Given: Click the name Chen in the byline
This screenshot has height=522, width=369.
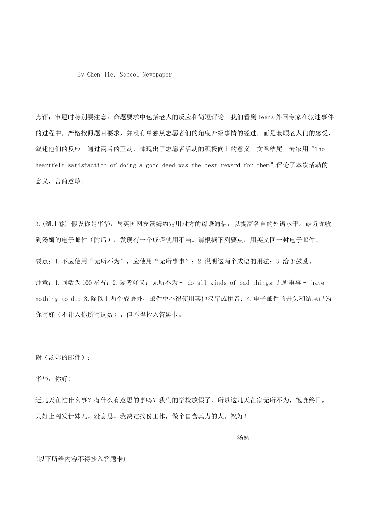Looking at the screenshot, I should pyautogui.click(x=94, y=75).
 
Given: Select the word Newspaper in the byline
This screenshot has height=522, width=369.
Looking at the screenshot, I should pyautogui.click(x=157, y=75).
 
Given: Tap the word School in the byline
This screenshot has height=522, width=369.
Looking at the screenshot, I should pyautogui.click(x=129, y=75).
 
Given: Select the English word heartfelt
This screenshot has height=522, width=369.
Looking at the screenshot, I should pyautogui.click(x=50, y=165).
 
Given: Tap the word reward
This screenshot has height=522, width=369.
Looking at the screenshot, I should pyautogui.click(x=230, y=165).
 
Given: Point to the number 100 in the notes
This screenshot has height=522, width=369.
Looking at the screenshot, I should pyautogui.click(x=87, y=283).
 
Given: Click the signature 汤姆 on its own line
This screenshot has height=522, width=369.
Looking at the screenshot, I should pyautogui.click(x=244, y=438).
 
